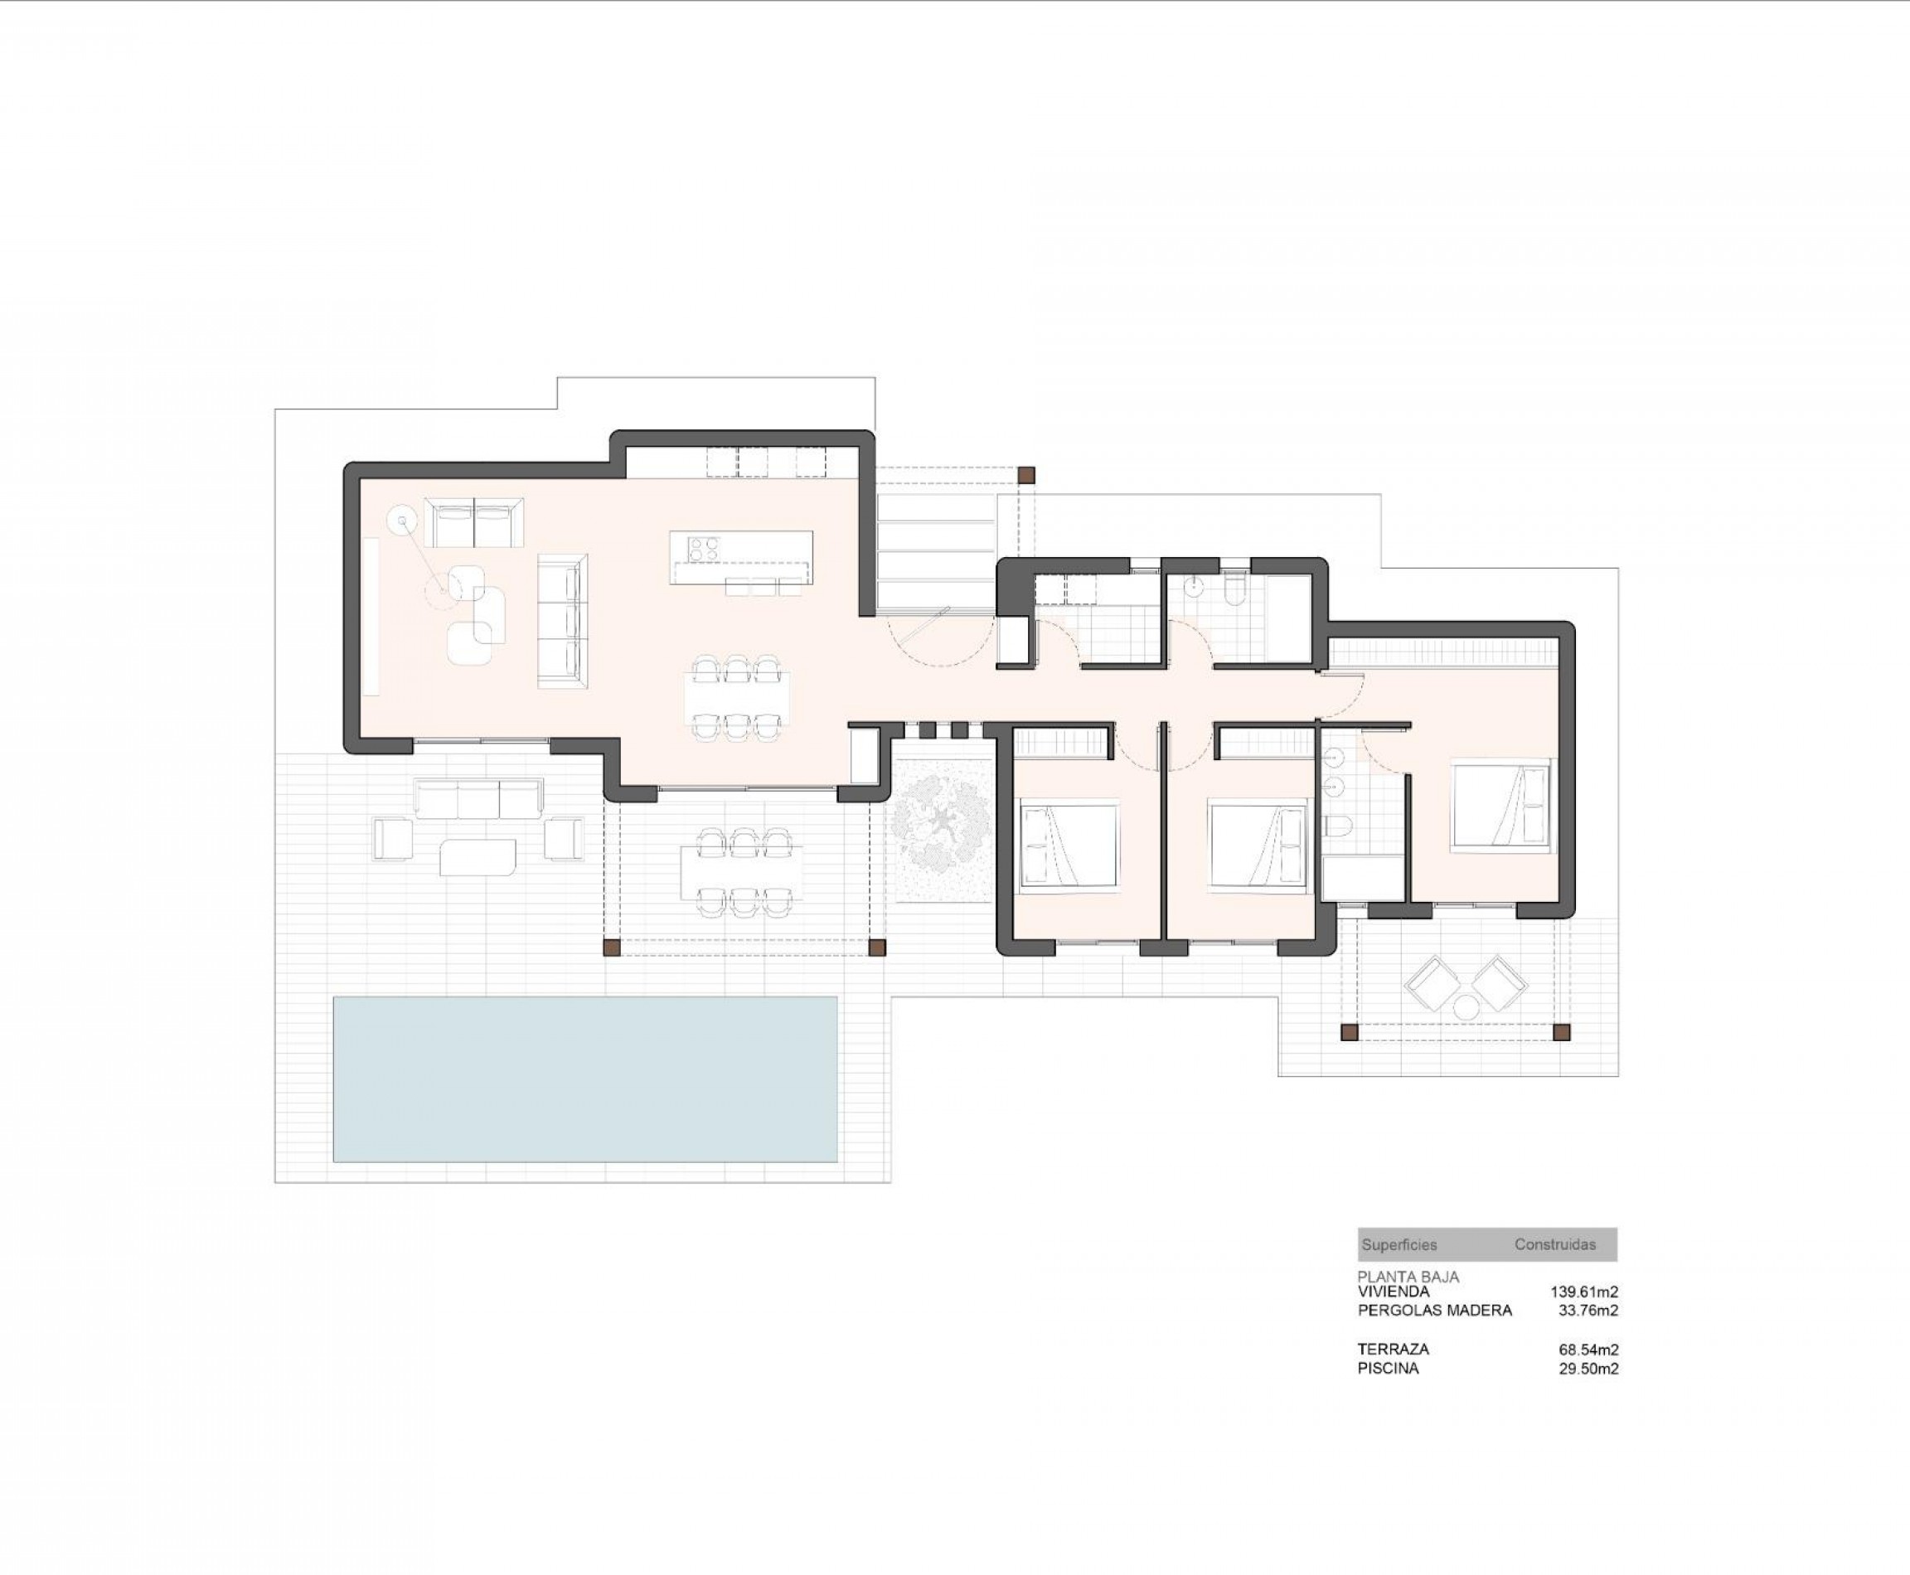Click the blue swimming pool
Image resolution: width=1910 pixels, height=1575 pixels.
click(x=585, y=1078)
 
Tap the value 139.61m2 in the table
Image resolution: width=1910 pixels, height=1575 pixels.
click(x=1584, y=1292)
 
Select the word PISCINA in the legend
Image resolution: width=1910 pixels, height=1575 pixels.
click(x=1388, y=1369)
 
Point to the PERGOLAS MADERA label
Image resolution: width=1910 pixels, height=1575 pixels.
click(x=1434, y=1310)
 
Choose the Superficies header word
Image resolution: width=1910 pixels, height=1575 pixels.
click(x=1399, y=1245)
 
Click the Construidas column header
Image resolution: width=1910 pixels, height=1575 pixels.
click(x=1554, y=1245)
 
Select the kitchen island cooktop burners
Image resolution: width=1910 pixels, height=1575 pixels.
click(x=703, y=548)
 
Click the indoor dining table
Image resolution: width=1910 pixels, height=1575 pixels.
click(x=737, y=699)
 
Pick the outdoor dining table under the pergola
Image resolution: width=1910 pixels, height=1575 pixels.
click(x=741, y=873)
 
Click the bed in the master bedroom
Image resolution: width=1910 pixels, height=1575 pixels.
click(x=1500, y=805)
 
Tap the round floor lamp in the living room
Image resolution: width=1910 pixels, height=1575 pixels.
click(x=401, y=521)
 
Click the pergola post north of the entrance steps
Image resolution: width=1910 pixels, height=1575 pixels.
click(x=1026, y=474)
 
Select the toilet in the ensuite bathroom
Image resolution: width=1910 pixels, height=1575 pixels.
click(x=1338, y=826)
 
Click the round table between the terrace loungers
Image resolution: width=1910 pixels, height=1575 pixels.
click(x=1466, y=1007)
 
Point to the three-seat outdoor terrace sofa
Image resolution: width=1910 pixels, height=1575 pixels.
click(x=478, y=798)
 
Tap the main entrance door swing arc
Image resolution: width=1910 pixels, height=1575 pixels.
click(x=939, y=640)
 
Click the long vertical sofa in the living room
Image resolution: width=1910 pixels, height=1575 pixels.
click(x=563, y=622)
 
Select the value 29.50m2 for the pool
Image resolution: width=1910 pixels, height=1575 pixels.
click(x=1588, y=1369)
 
